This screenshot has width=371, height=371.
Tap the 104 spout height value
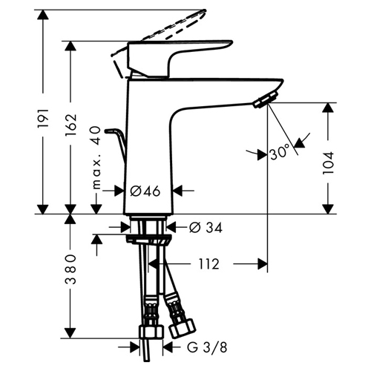(328, 162)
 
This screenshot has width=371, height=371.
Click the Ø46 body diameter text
(145, 191)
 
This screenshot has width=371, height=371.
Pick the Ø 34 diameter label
(206, 228)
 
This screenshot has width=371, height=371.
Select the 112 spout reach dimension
(209, 264)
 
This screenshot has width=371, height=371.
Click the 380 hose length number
(70, 269)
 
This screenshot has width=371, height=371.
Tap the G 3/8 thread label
(207, 348)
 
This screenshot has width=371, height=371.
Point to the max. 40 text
(96, 158)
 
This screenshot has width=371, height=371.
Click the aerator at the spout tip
(266, 99)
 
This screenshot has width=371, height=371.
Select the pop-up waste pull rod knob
(110, 131)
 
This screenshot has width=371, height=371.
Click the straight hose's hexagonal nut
(151, 331)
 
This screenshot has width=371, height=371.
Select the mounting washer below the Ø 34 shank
(148, 240)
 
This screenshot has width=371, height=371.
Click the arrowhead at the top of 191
(43, 15)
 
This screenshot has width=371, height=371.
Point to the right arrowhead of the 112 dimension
(263, 264)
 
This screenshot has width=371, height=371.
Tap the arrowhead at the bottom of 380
(70, 333)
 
